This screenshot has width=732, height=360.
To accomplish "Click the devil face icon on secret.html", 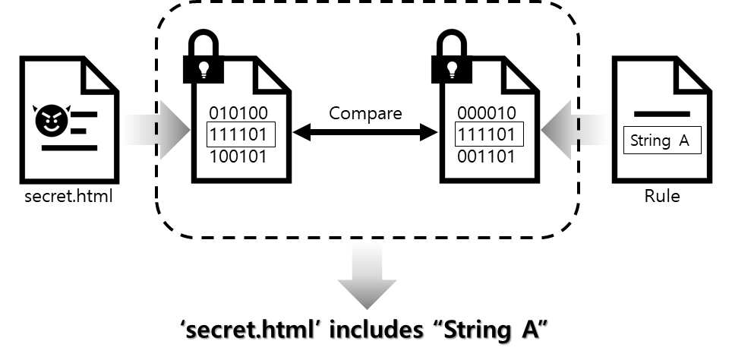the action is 52,119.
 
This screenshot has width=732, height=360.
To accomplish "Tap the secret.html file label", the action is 68,196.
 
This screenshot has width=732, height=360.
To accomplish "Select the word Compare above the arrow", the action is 365,113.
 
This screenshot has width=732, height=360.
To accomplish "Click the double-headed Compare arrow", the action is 365,132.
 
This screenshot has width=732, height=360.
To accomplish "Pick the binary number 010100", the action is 238,113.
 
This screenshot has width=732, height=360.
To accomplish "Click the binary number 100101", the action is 238,156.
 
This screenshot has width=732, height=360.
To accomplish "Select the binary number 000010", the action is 487,113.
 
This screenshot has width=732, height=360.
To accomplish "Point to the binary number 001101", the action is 487,156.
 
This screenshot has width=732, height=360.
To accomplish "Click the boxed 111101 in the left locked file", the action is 241,135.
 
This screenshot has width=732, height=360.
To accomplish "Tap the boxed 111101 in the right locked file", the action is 489,135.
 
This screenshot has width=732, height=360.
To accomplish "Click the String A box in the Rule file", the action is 662,140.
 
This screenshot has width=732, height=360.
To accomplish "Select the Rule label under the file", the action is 662,196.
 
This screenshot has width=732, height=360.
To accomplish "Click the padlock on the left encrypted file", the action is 203,59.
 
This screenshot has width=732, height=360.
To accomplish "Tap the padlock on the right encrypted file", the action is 452,59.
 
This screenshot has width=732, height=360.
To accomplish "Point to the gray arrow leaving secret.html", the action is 156,130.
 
